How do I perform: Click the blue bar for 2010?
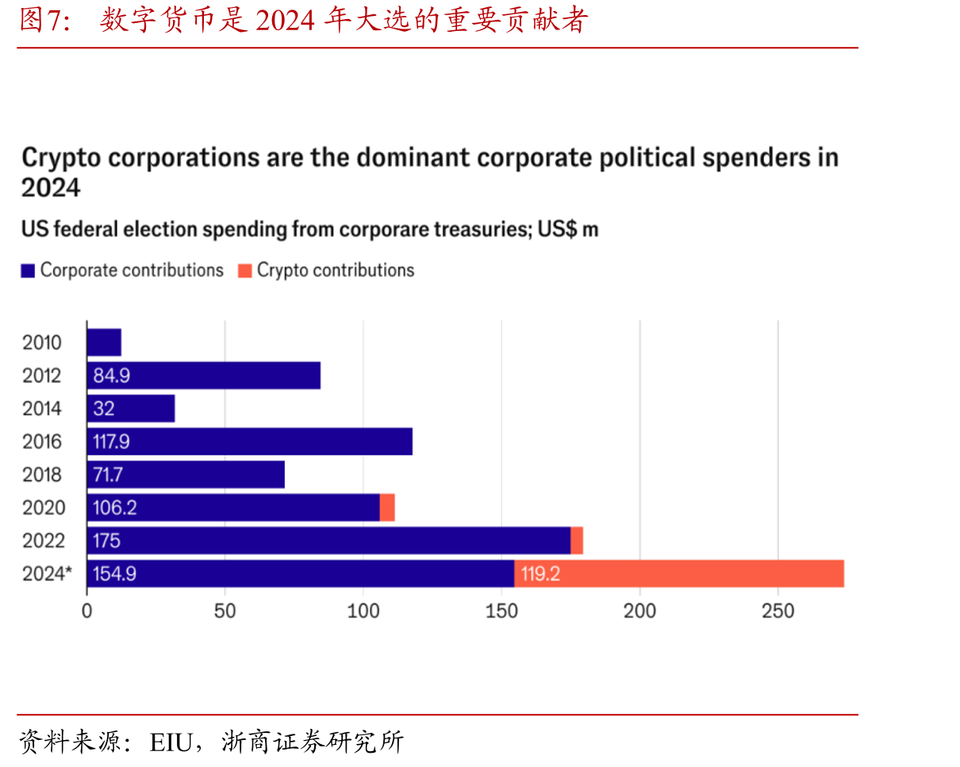105,342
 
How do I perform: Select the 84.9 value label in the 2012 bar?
112,376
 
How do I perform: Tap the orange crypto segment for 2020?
387,507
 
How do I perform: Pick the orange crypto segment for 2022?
577,541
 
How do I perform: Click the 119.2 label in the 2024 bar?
540,574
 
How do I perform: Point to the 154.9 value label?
115,574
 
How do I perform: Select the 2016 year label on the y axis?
42,441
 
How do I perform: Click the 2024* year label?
47,574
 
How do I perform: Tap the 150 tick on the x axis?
501,611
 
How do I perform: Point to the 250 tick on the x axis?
778,611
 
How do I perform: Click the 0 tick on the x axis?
87,611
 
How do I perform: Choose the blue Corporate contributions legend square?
28,271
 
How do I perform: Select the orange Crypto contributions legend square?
245,271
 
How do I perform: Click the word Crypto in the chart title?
61,159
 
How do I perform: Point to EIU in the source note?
171,742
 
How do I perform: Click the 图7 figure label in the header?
44,20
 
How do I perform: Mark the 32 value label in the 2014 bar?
104,408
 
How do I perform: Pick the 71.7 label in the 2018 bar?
108,475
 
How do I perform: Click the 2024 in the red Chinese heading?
286,21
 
